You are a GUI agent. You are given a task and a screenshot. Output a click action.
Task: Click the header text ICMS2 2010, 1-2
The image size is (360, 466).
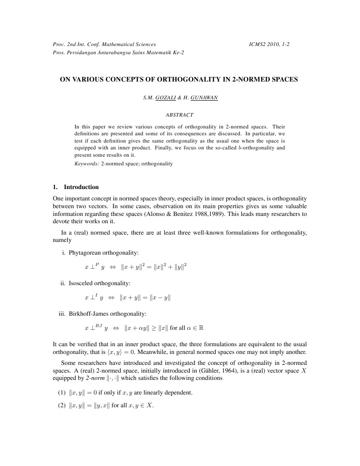pyautogui.click(x=269, y=44)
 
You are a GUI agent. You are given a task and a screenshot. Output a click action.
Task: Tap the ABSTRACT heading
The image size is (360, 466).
pyautogui.click(x=180, y=115)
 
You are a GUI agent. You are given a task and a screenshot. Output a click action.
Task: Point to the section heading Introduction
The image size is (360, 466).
pyautogui.click(x=81, y=187)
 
